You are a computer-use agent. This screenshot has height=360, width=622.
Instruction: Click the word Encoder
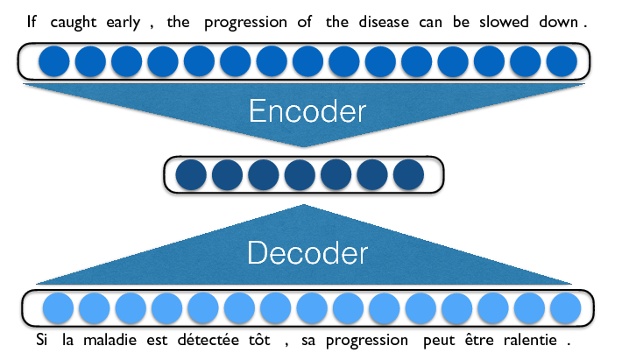[307, 111]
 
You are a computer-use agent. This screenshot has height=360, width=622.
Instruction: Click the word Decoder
[307, 252]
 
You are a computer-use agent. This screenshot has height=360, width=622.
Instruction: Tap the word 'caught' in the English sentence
[74, 23]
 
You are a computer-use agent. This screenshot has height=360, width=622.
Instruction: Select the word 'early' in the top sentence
[124, 23]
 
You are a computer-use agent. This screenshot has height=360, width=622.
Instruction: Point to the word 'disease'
[384, 22]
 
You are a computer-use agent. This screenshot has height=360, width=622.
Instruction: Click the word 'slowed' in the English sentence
[504, 22]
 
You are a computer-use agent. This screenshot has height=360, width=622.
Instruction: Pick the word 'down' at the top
[559, 22]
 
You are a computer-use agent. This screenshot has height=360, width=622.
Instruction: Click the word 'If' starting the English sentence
[32, 21]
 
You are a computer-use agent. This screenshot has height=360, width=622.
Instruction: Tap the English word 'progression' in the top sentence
[245, 23]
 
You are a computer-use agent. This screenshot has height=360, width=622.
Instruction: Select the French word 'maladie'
[110, 340]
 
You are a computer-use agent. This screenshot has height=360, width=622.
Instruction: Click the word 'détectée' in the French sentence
[209, 340]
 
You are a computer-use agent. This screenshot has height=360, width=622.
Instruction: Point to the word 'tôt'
[259, 340]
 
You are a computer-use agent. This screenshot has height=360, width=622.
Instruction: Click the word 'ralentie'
[530, 340]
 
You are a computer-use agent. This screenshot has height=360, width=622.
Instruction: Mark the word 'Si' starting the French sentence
[42, 340]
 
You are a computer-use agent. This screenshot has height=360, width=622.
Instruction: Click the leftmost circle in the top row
[54, 61]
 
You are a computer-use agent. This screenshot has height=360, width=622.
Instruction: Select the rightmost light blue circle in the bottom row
[566, 308]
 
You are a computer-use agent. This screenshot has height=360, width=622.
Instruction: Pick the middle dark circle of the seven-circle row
[300, 175]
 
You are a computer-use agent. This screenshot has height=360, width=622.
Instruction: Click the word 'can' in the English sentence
[430, 23]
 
